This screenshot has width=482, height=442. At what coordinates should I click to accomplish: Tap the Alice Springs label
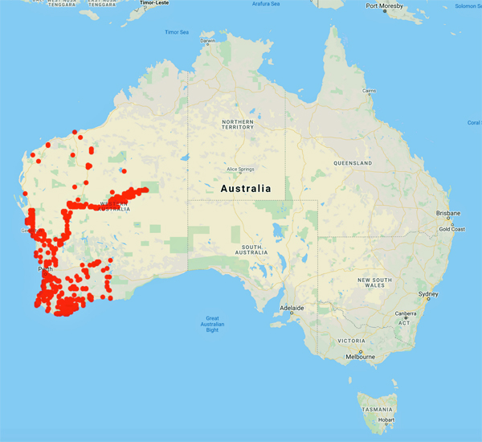(x=241, y=170)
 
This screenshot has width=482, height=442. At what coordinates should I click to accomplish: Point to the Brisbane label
(x=447, y=213)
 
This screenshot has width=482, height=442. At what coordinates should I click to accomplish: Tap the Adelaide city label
(x=292, y=308)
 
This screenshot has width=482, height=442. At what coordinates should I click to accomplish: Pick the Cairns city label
(x=370, y=91)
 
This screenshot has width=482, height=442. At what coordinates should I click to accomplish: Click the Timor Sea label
(x=177, y=32)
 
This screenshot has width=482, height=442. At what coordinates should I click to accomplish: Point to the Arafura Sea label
(x=266, y=4)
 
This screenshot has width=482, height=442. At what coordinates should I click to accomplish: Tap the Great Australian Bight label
(x=212, y=324)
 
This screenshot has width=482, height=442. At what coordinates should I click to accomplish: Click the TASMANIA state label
(x=377, y=409)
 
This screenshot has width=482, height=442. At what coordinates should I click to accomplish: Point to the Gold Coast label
(x=451, y=229)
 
